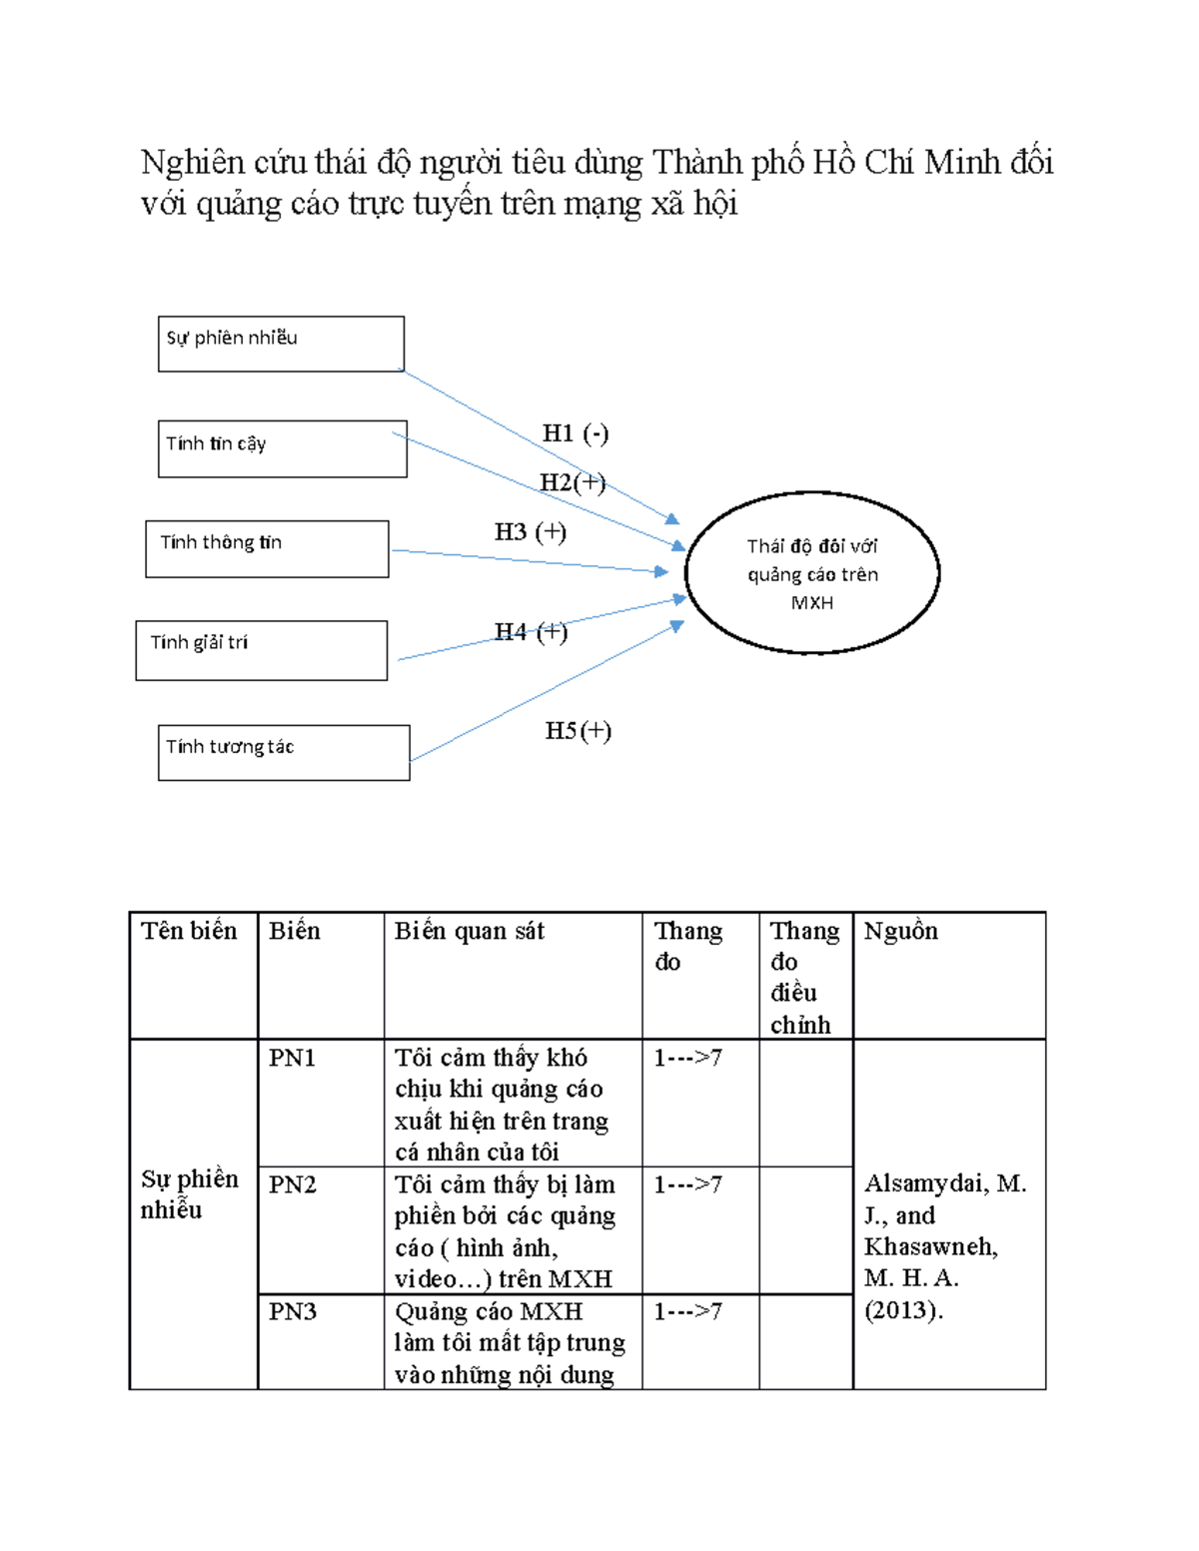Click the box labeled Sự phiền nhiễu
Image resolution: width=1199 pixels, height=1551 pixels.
pyautogui.click(x=281, y=344)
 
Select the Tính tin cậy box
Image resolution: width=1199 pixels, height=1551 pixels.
pyautogui.click(x=282, y=448)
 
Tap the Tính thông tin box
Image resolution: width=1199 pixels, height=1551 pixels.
pyautogui.click(x=267, y=548)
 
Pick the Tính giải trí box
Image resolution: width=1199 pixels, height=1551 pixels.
pyautogui.click(x=262, y=649)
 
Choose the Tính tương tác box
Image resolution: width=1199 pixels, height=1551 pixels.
pyautogui.click(x=284, y=752)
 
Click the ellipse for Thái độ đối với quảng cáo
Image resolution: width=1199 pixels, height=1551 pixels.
pyautogui.click(x=812, y=572)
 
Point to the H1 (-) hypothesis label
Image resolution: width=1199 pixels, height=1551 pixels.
pyautogui.click(x=575, y=433)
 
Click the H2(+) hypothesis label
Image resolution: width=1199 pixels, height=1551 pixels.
pyautogui.click(x=573, y=482)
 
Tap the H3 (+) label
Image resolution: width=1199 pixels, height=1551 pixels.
pyautogui.click(x=531, y=531)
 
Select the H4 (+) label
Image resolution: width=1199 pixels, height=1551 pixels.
pyautogui.click(x=532, y=631)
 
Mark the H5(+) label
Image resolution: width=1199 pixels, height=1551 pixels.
pyautogui.click(x=579, y=730)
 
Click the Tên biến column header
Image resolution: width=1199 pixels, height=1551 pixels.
pyautogui.click(x=189, y=931)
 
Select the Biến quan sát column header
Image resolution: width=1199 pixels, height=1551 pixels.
pyautogui.click(x=470, y=931)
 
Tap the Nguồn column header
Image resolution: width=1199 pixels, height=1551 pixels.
pyautogui.click(x=900, y=931)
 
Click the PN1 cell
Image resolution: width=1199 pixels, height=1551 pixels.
pyautogui.click(x=292, y=1057)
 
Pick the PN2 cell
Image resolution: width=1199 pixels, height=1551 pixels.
pyautogui.click(x=292, y=1184)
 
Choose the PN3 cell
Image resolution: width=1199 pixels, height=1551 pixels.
pyautogui.click(x=292, y=1311)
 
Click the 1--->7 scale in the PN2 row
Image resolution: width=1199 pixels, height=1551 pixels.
pyautogui.click(x=687, y=1184)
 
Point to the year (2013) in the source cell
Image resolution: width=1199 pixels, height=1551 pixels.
pyautogui.click(x=903, y=1309)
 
